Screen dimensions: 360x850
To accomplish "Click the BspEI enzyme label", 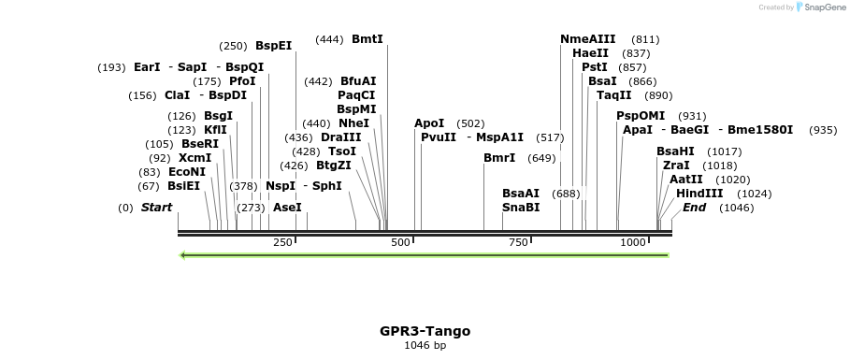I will tap(273, 45).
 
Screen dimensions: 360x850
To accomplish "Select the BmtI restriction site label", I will tap(367, 39).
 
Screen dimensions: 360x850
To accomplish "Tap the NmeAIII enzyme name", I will tap(587, 39).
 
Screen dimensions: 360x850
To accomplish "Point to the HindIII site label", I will tap(699, 194).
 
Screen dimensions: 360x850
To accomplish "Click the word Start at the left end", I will tap(156, 208).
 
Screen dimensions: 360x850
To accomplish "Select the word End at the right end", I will tap(694, 208).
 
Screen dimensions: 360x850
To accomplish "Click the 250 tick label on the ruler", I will tap(282, 242).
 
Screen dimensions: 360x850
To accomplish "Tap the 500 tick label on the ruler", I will tap(400, 242).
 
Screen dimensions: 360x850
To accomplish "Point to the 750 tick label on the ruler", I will tap(518, 242).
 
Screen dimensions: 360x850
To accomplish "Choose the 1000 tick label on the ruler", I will tap(633, 242).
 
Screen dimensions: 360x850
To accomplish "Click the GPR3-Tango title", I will tap(425, 331).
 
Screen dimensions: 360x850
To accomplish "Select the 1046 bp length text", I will tap(425, 346).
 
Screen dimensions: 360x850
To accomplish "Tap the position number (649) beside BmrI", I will tap(541, 158).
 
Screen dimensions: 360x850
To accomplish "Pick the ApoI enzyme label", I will tap(429, 123).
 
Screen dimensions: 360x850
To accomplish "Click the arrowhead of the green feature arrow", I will tap(183, 254).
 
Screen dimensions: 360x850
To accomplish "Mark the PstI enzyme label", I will tap(594, 67).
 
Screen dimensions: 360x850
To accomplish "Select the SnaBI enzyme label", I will tap(521, 208).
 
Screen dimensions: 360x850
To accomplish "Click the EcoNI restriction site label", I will tap(187, 172).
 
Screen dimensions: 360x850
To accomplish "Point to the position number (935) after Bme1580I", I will tap(823, 130).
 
